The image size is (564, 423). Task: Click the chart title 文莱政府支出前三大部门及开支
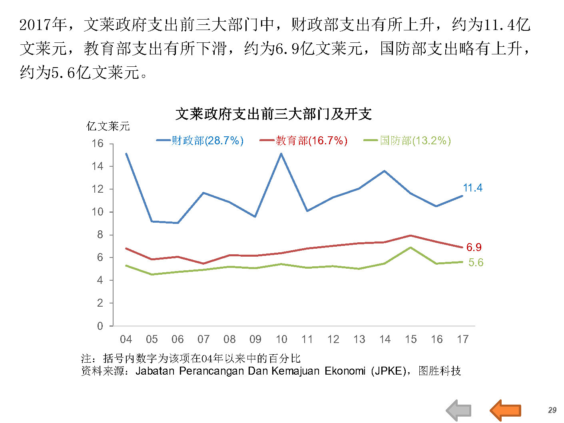point(273,114)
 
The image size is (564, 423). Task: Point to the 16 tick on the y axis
point(98,144)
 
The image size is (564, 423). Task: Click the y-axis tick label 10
point(98,212)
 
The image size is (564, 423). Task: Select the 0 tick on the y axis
point(100,326)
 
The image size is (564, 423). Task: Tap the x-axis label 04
point(126,339)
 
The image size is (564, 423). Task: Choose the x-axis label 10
point(281,339)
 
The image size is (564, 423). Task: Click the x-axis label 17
point(462,339)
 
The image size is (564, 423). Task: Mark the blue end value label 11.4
point(472,188)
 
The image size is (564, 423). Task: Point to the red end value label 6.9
point(474,247)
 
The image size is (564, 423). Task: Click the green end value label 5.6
point(476,263)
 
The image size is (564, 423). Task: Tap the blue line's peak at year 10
point(281,154)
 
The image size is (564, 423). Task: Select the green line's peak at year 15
point(411,248)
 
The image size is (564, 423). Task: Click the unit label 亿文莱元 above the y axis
point(108,127)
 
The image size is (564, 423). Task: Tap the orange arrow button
point(506,410)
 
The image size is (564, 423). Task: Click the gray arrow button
point(458,410)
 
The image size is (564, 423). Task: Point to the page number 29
point(552,410)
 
